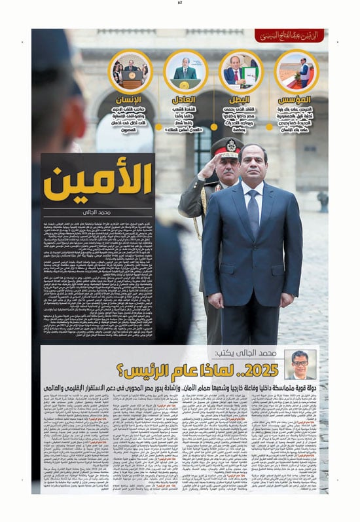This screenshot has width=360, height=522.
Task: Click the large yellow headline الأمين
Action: tap(98, 183)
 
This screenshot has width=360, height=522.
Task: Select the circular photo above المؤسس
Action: tap(296, 71)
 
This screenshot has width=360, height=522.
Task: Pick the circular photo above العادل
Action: tap(186, 71)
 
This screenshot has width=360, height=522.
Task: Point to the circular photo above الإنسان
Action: tap(131, 71)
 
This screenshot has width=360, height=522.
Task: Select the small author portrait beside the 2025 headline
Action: tap(301, 364)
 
